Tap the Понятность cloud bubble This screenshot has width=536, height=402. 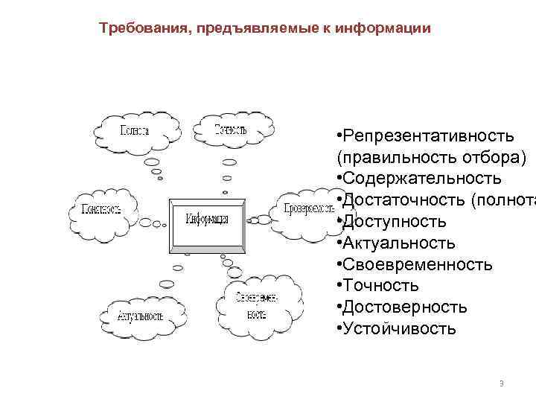102,210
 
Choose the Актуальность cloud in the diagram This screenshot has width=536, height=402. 140,315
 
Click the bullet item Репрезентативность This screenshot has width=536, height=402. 427,137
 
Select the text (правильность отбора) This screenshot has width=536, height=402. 431,158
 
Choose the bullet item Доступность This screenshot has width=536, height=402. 394,222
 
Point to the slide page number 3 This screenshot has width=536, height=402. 502,383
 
